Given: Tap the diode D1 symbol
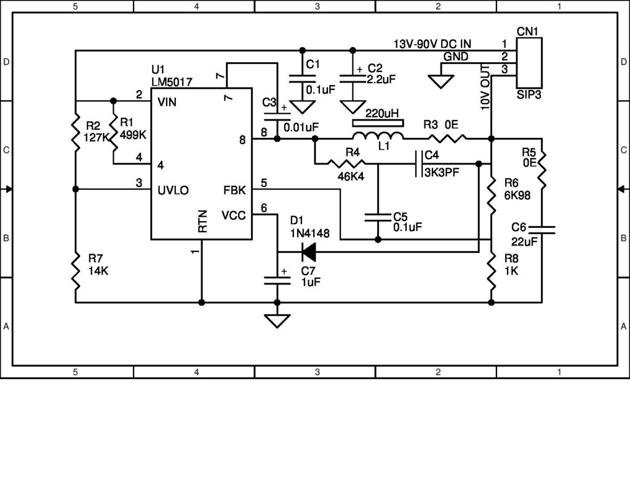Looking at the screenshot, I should [x=307, y=251].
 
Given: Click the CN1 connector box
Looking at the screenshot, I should [x=528, y=62].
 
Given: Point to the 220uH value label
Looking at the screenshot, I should [x=381, y=114].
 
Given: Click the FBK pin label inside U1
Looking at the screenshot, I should [x=234, y=190].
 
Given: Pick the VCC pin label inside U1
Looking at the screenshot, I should [x=234, y=215].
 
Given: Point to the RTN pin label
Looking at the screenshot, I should [x=203, y=224].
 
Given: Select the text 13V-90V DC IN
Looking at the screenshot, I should [x=433, y=45].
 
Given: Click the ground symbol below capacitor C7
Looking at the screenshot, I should [x=277, y=321].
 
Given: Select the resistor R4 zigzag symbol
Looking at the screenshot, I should [x=346, y=164].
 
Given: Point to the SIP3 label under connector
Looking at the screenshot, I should [x=528, y=96].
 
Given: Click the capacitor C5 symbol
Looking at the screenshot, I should [x=378, y=217].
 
